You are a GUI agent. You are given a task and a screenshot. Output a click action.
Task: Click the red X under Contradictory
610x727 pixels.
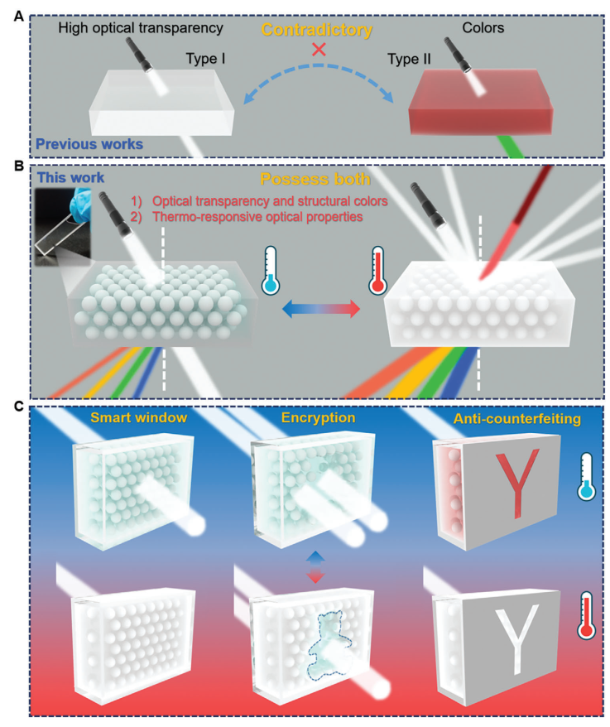[319, 49]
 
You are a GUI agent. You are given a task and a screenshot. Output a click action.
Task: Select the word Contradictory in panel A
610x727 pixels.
[317, 30]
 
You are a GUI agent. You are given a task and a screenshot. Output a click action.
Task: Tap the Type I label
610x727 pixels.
[205, 59]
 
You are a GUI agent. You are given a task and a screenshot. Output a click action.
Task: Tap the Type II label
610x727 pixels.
[409, 59]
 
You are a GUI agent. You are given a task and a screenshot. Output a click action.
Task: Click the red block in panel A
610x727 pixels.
[481, 103]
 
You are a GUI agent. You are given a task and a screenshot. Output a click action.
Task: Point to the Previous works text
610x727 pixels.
[89, 144]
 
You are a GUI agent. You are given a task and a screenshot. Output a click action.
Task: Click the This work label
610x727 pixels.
[70, 177]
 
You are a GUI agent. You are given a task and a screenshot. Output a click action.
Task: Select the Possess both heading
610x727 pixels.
[315, 179]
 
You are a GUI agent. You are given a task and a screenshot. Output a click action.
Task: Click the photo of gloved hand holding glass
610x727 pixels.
[63, 227]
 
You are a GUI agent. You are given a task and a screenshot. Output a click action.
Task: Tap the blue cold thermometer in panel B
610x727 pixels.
[270, 270]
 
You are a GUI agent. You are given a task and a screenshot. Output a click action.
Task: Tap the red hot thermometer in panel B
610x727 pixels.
[377, 270]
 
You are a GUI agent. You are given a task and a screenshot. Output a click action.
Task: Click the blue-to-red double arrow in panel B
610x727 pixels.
[321, 309]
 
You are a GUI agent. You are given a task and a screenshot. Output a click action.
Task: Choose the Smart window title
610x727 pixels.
[138, 418]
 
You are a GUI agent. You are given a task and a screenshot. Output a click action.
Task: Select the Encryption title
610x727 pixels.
[318, 418]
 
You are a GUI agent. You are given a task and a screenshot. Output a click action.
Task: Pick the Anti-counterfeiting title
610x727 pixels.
[516, 419]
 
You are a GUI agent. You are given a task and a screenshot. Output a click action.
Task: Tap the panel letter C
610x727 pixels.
[18, 407]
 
